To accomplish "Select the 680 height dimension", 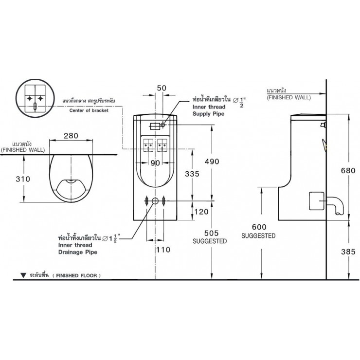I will (x=348, y=170).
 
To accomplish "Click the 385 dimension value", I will (x=348, y=252).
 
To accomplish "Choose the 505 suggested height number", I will (x=210, y=233).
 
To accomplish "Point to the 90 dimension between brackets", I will (x=155, y=163).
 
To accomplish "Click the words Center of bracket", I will (x=86, y=110).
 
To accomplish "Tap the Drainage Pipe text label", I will (x=77, y=252).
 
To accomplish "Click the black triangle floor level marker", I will (x=23, y=275).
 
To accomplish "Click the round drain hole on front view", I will (x=155, y=200).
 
